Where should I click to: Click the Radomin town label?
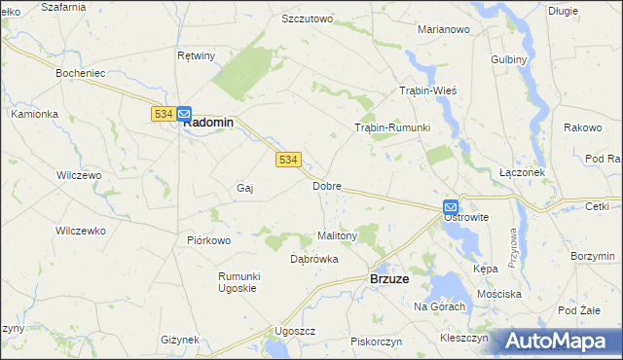[209, 123]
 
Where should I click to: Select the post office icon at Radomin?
[184, 113]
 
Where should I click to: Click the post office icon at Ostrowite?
[451, 206]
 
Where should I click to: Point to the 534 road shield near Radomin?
[163, 114]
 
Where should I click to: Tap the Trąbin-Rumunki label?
[391, 127]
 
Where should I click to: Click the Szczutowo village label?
[307, 18]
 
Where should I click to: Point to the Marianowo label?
[444, 29]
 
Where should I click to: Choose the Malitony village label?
[338, 235]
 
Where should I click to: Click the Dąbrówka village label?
[314, 259]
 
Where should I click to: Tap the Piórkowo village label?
[208, 239]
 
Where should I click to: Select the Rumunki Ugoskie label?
[238, 281]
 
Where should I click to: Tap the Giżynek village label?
[180, 340]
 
